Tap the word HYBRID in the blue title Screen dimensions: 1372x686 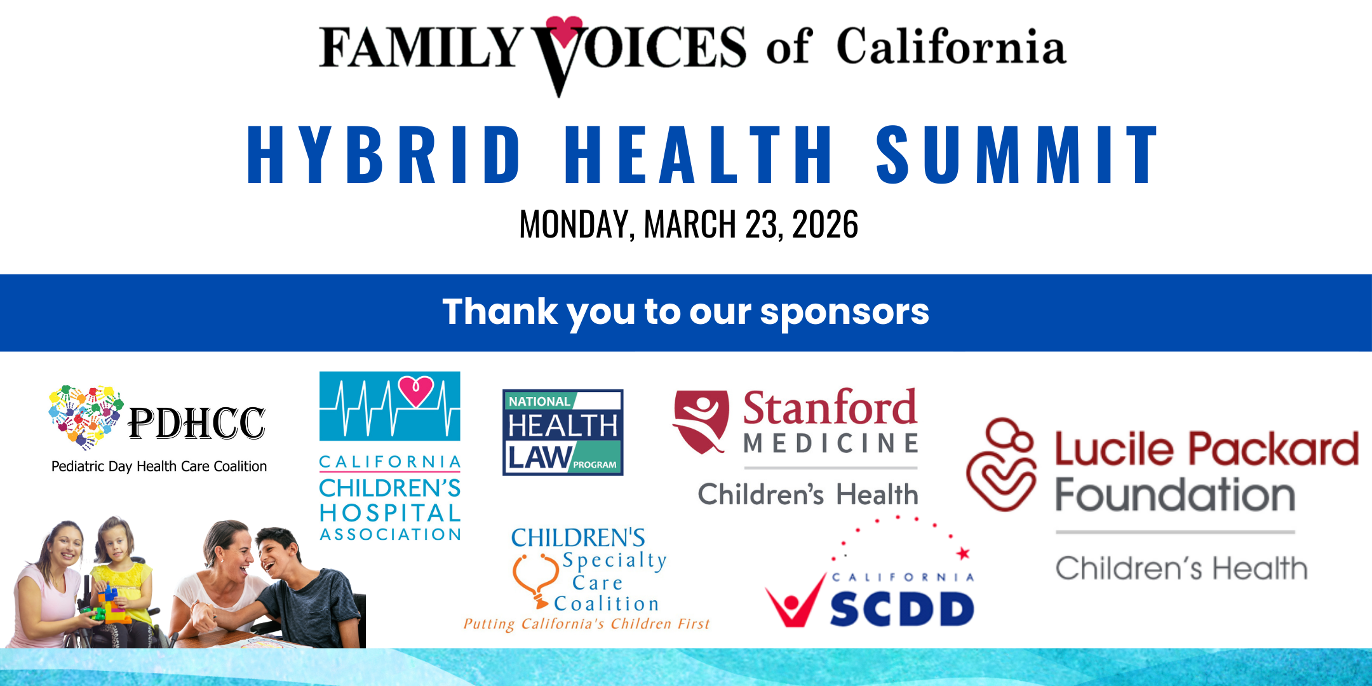[x=384, y=155]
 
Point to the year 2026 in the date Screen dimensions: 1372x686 [x=825, y=224]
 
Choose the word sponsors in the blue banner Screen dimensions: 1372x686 [x=844, y=313]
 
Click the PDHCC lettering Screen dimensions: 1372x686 [x=196, y=423]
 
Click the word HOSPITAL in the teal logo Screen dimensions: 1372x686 [x=390, y=513]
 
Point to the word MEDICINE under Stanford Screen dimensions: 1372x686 [x=831, y=443]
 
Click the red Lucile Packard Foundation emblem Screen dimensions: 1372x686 [x=1001, y=464]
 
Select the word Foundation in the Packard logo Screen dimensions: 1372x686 [x=1175, y=495]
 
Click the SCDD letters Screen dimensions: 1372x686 [x=902, y=609]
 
